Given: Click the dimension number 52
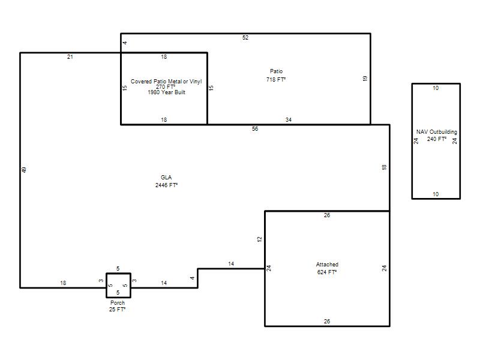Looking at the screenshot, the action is point(245,38).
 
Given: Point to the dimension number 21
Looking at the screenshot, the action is point(70,56).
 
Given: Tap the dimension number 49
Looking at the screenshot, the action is point(24,170).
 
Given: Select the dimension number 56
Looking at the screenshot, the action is point(255,129).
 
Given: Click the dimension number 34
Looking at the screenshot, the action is point(289,119).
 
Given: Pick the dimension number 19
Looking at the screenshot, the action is point(365,79).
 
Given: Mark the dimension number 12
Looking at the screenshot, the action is point(260,239).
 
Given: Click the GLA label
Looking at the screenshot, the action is point(166,177).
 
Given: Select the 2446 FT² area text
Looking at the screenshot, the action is point(167,185).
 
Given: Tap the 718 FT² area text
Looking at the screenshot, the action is point(276,80).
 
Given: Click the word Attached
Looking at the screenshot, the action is point(327,264).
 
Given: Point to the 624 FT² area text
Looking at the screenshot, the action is point(327,272).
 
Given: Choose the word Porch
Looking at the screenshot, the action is point(118,303).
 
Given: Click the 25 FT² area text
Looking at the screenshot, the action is point(117,310).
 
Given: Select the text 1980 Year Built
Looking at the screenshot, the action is point(167,92).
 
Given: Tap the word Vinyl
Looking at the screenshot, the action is point(196,82).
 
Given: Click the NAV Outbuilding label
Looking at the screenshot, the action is point(437,132).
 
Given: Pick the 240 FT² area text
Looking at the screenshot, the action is point(437,139).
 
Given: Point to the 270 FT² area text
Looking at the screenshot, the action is point(166,86).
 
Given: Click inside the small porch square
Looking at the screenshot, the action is point(118,286).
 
